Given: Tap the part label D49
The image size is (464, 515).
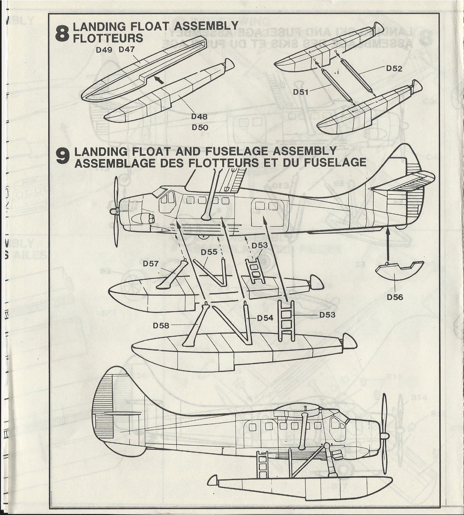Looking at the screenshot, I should pyautogui.click(x=104, y=50).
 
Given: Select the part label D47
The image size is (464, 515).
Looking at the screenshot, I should pyautogui.click(x=126, y=49).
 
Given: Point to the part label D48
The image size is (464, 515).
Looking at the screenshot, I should pyautogui.click(x=199, y=116).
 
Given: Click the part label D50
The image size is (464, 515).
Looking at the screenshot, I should pyautogui.click(x=200, y=127).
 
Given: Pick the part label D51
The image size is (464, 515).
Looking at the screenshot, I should pyautogui.click(x=301, y=92).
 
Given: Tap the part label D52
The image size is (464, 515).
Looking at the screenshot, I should pyautogui.click(x=394, y=69).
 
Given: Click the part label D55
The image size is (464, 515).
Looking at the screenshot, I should pyautogui.click(x=209, y=252).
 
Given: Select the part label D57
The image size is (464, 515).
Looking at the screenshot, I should pyautogui.click(x=151, y=264).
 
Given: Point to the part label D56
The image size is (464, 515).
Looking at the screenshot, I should pyautogui.click(x=395, y=297).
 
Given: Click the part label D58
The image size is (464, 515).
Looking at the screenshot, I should pyautogui.click(x=161, y=325).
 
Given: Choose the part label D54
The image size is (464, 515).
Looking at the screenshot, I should pyautogui.click(x=265, y=318).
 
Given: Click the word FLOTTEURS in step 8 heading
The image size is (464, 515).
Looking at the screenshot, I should pyautogui.click(x=108, y=38).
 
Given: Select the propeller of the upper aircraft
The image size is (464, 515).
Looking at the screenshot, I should pyautogui.click(x=116, y=211).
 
